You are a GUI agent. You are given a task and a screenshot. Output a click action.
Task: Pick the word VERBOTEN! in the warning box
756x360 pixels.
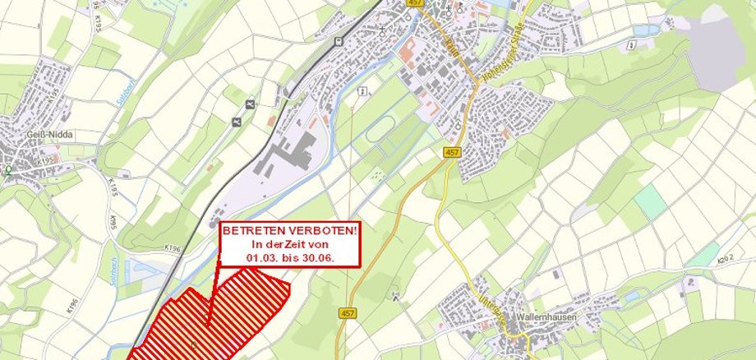click(323, 231)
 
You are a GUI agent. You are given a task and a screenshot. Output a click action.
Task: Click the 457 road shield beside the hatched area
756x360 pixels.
click(346, 314)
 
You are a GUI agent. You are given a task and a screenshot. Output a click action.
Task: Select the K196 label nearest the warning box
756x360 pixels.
click(172, 247)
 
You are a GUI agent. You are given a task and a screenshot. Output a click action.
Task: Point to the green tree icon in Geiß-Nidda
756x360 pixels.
click(8, 170)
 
